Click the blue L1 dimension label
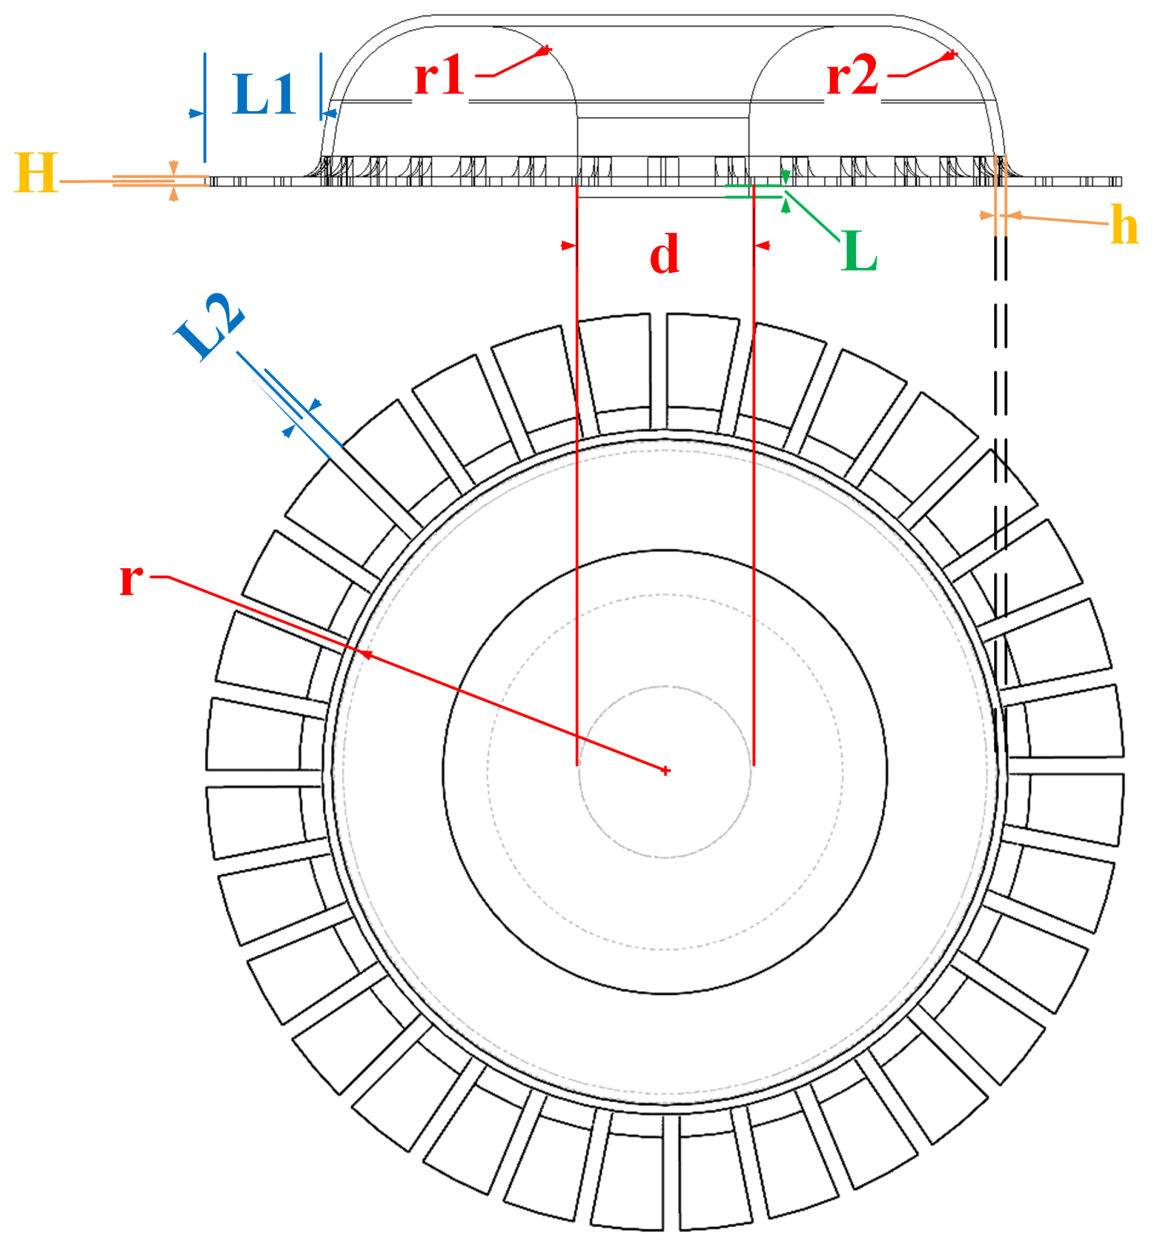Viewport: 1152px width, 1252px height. point(264,95)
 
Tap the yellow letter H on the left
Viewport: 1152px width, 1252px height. point(36,173)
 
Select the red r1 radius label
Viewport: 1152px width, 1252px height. point(440,75)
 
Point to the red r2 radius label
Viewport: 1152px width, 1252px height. point(852,75)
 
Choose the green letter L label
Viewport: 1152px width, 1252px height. point(859,251)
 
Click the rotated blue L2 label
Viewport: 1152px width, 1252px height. point(209,326)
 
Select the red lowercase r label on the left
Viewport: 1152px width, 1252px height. point(131,579)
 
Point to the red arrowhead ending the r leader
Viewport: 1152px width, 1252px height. point(367,654)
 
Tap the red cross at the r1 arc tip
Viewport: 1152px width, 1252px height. point(546,49)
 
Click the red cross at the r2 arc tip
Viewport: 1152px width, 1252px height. point(951,55)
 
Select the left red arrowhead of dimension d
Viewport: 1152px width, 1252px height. point(568,246)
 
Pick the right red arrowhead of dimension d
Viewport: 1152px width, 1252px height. point(762,246)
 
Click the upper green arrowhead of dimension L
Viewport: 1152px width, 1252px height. point(785,176)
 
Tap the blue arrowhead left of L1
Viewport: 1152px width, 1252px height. point(196,113)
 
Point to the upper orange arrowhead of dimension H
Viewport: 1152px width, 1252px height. point(174,168)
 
